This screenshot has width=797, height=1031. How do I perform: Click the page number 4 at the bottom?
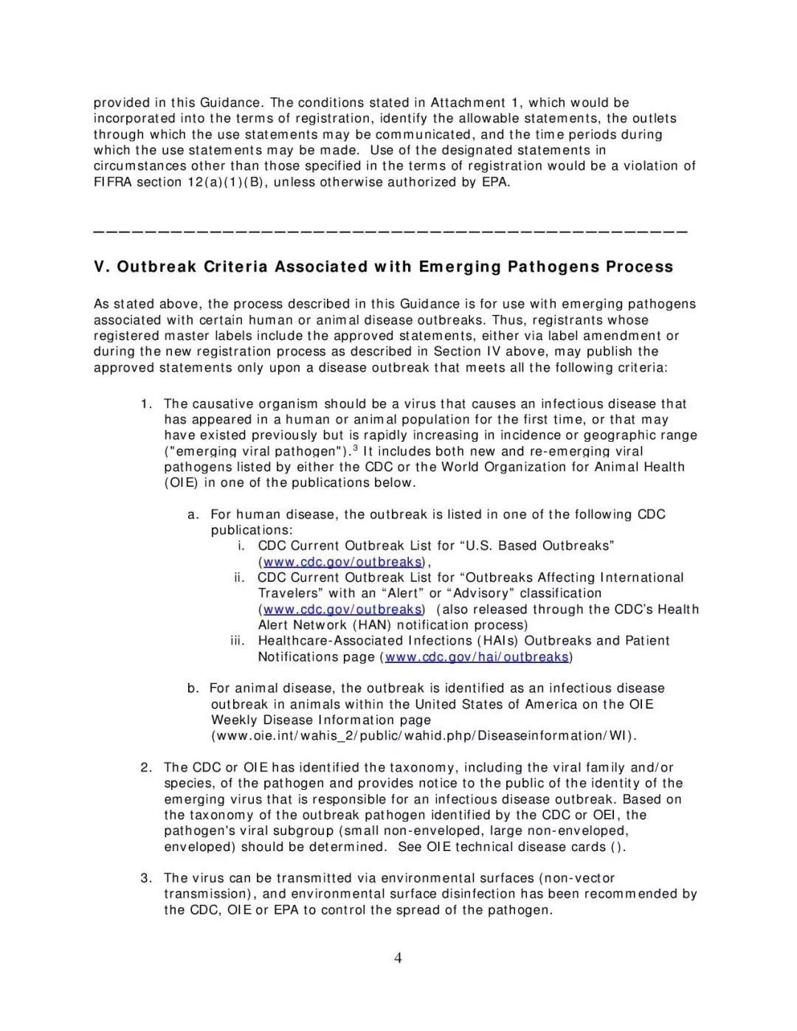pyautogui.click(x=398, y=958)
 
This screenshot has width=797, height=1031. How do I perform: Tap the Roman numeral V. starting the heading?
pyautogui.click(x=102, y=267)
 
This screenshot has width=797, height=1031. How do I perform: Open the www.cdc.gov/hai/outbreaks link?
pyautogui.click(x=476, y=657)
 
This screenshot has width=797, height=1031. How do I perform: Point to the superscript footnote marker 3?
pyautogui.click(x=355, y=448)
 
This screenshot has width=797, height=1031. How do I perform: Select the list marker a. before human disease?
pyautogui.click(x=193, y=515)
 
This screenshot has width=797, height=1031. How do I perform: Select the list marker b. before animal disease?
pyautogui.click(x=193, y=688)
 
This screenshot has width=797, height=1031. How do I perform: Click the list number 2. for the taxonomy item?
pyautogui.click(x=146, y=768)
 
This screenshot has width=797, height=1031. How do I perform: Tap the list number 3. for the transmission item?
pyautogui.click(x=146, y=878)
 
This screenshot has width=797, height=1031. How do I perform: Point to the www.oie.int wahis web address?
pyautogui.click(x=424, y=736)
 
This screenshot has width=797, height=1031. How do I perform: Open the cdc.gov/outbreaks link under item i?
pyautogui.click(x=342, y=562)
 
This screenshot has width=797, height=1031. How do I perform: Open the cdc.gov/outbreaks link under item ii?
pyautogui.click(x=342, y=610)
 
